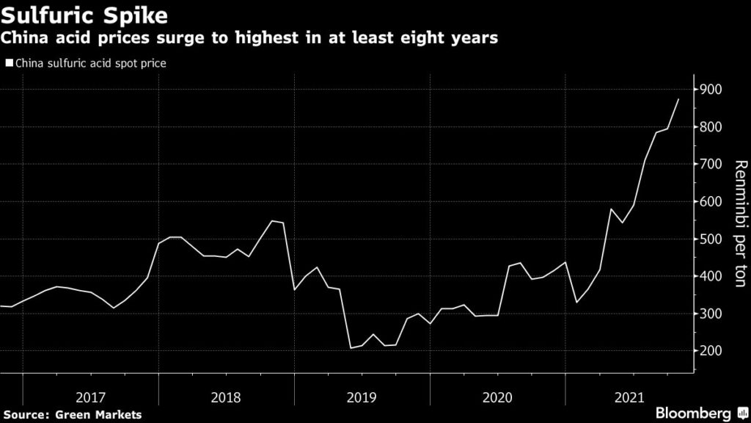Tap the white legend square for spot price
point(9,64)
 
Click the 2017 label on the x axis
point(90,398)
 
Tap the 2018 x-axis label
point(226,398)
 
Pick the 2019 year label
point(362,398)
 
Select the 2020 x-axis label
point(498,398)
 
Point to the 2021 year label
point(633,398)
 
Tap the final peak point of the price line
point(678,99)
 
